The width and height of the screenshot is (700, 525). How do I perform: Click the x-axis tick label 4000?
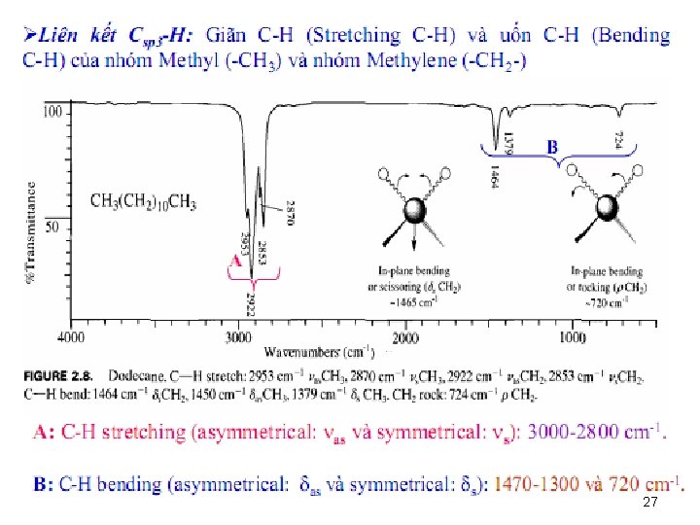pyautogui.click(x=71, y=337)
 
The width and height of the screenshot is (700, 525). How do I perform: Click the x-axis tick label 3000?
pyautogui.click(x=238, y=337)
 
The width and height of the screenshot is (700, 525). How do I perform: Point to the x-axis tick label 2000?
pyautogui.click(x=405, y=337)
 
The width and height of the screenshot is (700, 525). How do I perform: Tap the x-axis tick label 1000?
pyautogui.click(x=573, y=337)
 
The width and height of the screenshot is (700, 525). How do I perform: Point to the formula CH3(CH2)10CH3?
pyautogui.click(x=143, y=202)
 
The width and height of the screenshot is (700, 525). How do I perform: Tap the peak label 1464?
pyautogui.click(x=495, y=176)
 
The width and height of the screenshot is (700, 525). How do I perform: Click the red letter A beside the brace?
pyautogui.click(x=234, y=262)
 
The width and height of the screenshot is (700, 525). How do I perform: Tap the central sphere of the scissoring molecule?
pyautogui.click(x=416, y=210)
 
